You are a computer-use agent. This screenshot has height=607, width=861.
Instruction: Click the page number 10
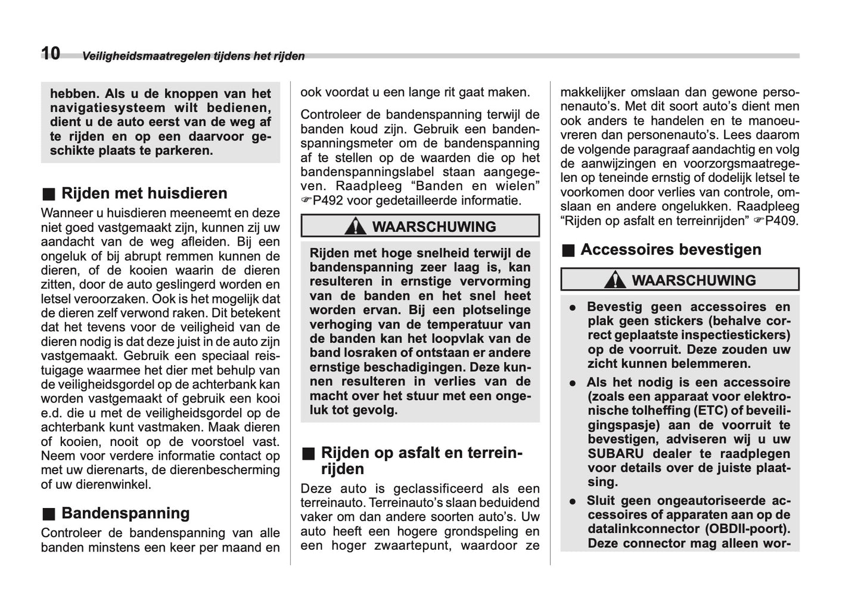tap(51, 54)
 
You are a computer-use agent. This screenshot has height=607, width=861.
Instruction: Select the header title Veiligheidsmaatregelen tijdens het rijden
tap(193, 57)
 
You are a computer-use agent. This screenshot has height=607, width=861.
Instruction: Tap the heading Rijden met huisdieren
tap(144, 193)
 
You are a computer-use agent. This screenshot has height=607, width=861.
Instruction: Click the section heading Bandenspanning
tap(125, 513)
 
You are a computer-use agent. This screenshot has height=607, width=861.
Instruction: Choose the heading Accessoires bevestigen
tap(670, 249)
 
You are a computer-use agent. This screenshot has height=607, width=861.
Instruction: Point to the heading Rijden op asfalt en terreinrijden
tap(421, 460)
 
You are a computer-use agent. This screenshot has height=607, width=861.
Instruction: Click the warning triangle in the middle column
tap(356, 227)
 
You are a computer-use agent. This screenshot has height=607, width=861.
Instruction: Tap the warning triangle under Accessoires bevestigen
tap(615, 280)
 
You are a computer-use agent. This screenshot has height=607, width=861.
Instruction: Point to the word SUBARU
tap(616, 454)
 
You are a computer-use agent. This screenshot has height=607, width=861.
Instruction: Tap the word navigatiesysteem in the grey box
tap(107, 108)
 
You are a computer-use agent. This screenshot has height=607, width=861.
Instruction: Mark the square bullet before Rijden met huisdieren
tap(48, 194)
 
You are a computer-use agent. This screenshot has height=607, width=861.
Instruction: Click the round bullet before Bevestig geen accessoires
tap(572, 308)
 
